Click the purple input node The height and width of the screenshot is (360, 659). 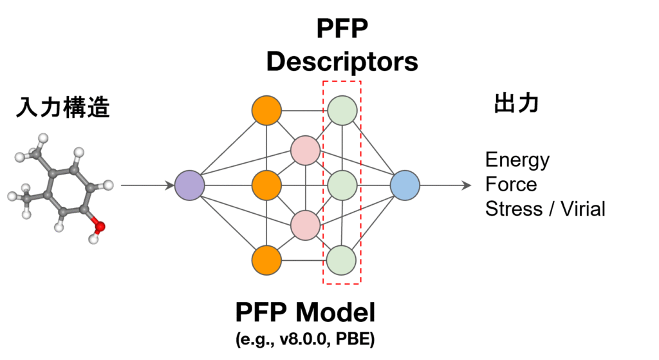pos(189,185)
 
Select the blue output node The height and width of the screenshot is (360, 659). pos(405,185)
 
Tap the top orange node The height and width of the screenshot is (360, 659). pos(266,111)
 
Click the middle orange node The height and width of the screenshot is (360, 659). pos(266,185)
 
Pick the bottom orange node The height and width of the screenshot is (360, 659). pos(266,260)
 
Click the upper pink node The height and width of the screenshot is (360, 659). pos(305,149)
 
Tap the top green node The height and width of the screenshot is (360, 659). pos(342,110)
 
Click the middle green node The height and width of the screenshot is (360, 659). pos(342,185)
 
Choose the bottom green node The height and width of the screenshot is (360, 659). pos(342,260)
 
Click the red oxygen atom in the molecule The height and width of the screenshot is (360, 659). pos(98,225)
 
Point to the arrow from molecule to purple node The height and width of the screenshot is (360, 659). pos(147,186)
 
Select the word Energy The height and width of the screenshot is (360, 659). pos(517,160)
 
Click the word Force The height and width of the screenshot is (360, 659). pos(511,185)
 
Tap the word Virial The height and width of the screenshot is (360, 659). pos(582,209)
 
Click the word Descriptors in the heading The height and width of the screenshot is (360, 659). pos(342,62)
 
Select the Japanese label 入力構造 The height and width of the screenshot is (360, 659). pos(63,108)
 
